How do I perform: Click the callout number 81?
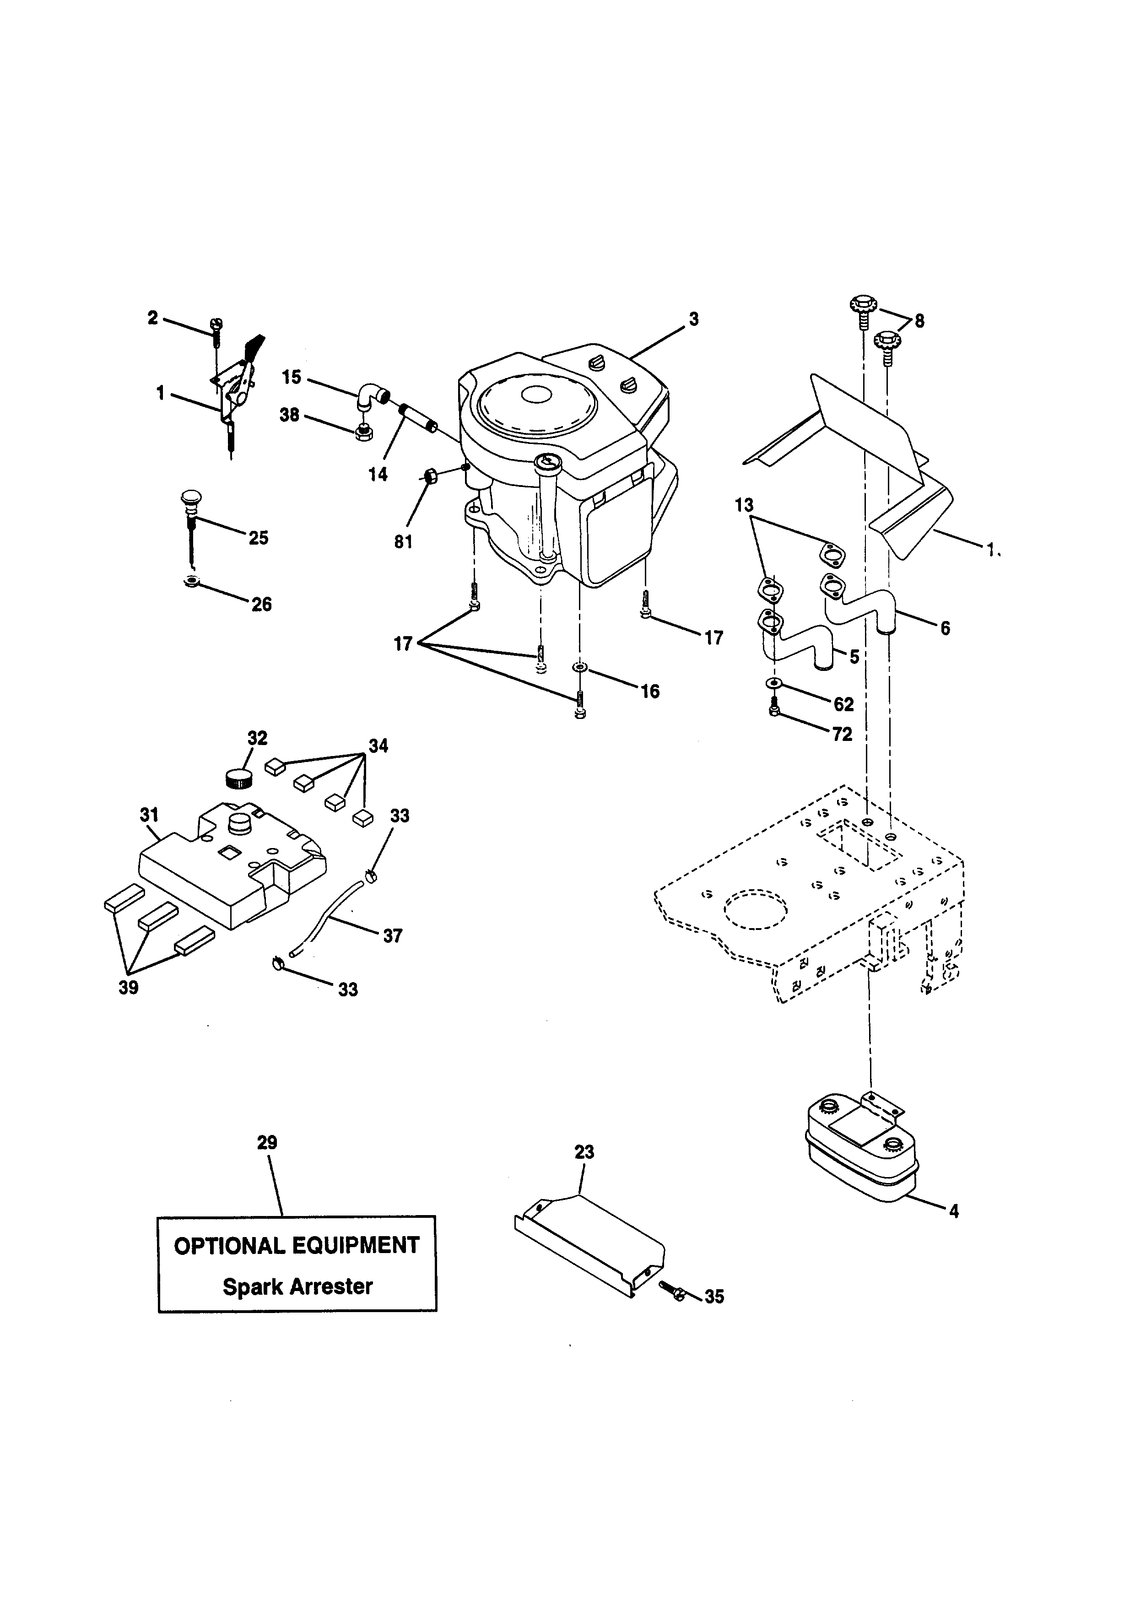pyautogui.click(x=403, y=542)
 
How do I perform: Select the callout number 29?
pyautogui.click(x=267, y=1143)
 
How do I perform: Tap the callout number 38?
pyautogui.click(x=289, y=415)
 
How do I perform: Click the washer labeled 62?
pyautogui.click(x=773, y=682)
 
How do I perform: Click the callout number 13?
pyautogui.click(x=744, y=505)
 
